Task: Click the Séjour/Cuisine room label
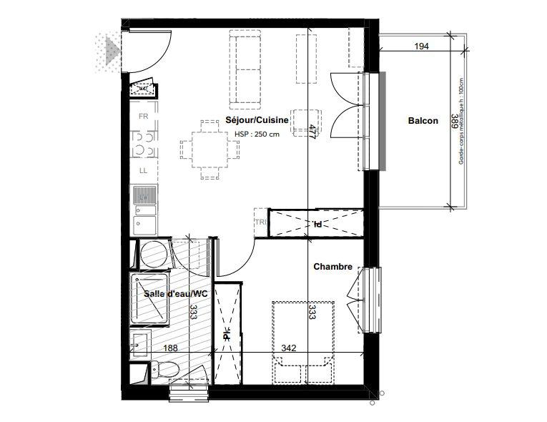point(257,120)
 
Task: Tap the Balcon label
point(423,121)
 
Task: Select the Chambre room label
point(332,267)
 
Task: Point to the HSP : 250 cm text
point(257,134)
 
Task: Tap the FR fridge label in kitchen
point(143,116)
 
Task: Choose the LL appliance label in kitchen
point(143,170)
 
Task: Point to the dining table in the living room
point(210,149)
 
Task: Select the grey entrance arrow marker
point(110,49)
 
